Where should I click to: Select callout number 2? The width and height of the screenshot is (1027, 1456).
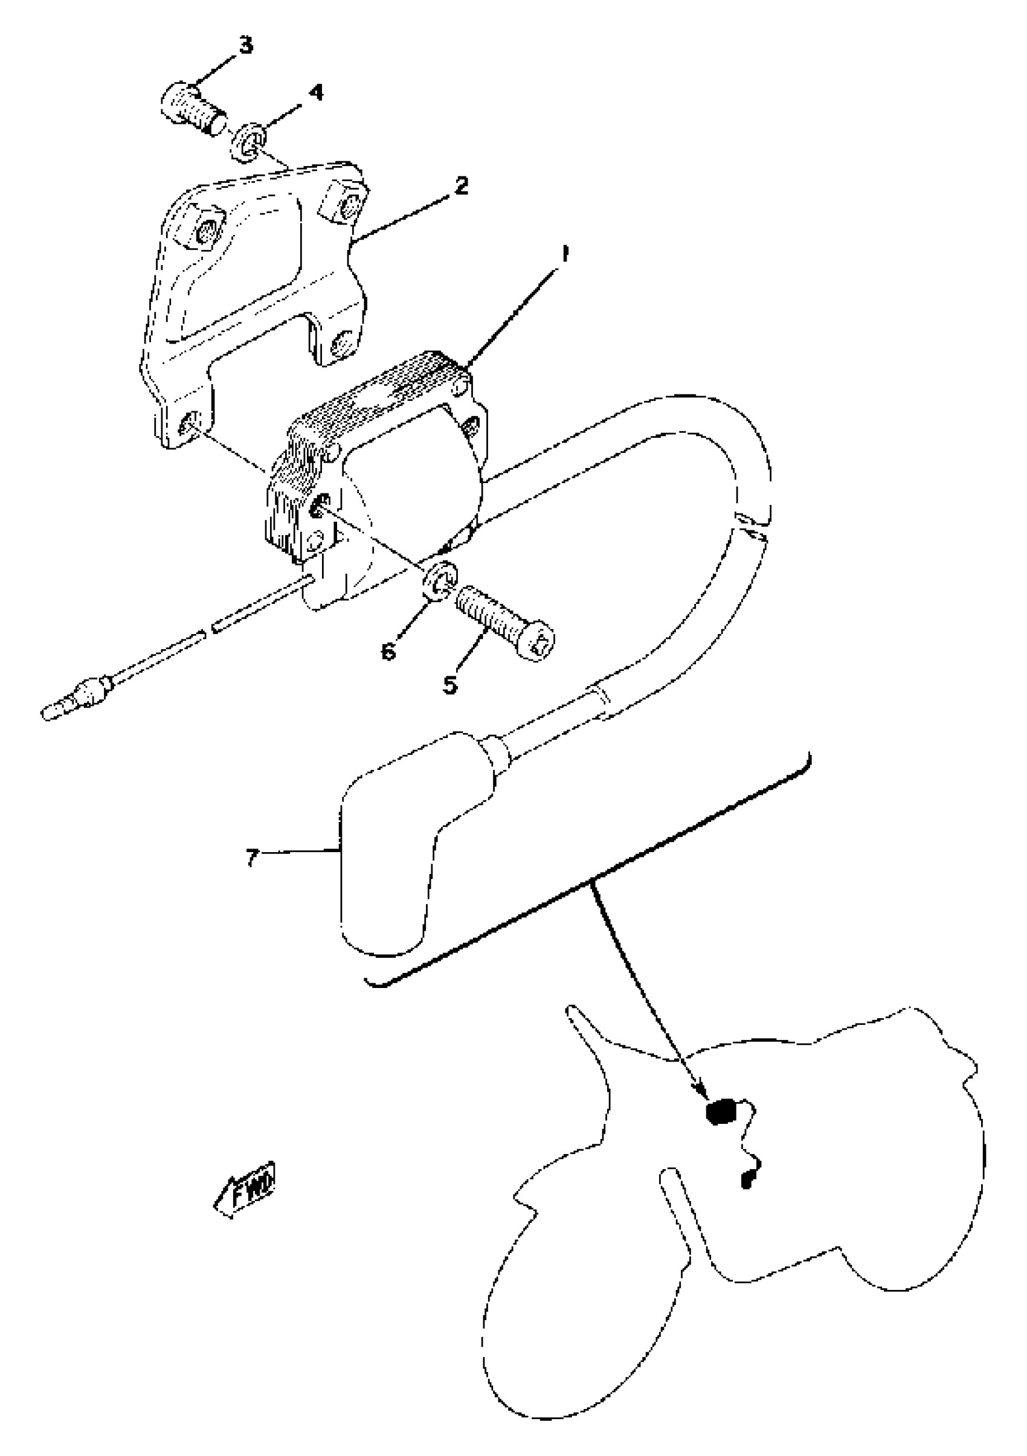point(461,186)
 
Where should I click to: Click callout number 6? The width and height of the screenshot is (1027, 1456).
point(389,650)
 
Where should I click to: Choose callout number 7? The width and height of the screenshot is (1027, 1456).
point(253,858)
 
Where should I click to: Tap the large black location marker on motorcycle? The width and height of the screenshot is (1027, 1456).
point(721,1112)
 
